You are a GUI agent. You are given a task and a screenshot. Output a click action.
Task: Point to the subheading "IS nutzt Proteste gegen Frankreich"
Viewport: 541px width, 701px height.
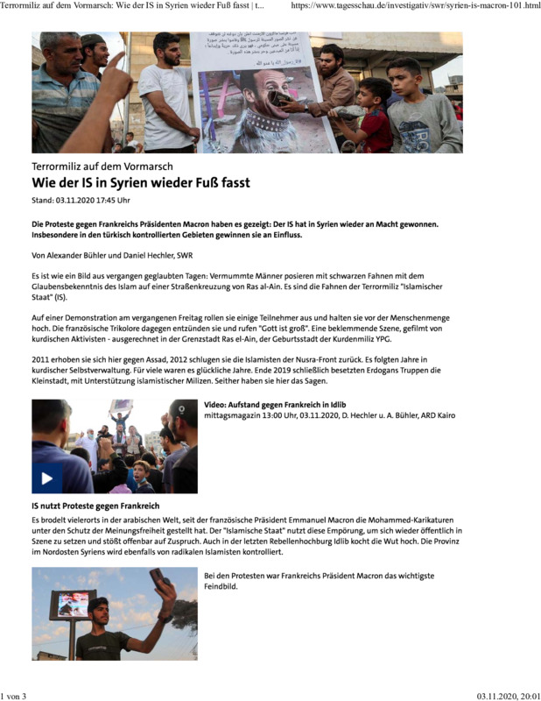point(95,507)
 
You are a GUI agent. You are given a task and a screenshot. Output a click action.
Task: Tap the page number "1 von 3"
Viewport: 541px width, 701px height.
point(15,696)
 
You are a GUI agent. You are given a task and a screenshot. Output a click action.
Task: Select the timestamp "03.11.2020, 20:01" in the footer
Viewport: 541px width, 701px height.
point(508,696)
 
